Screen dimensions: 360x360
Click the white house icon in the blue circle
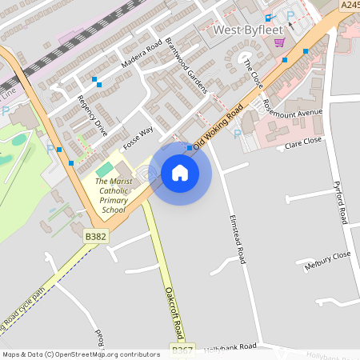(180, 172)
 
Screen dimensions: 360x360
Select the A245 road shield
(349, 5)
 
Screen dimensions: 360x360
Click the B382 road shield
(96, 236)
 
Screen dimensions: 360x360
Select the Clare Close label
(303, 141)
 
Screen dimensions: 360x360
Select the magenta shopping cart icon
(279, 42)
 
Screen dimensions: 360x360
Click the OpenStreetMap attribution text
(80, 354)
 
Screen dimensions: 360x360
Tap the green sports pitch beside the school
(104, 170)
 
